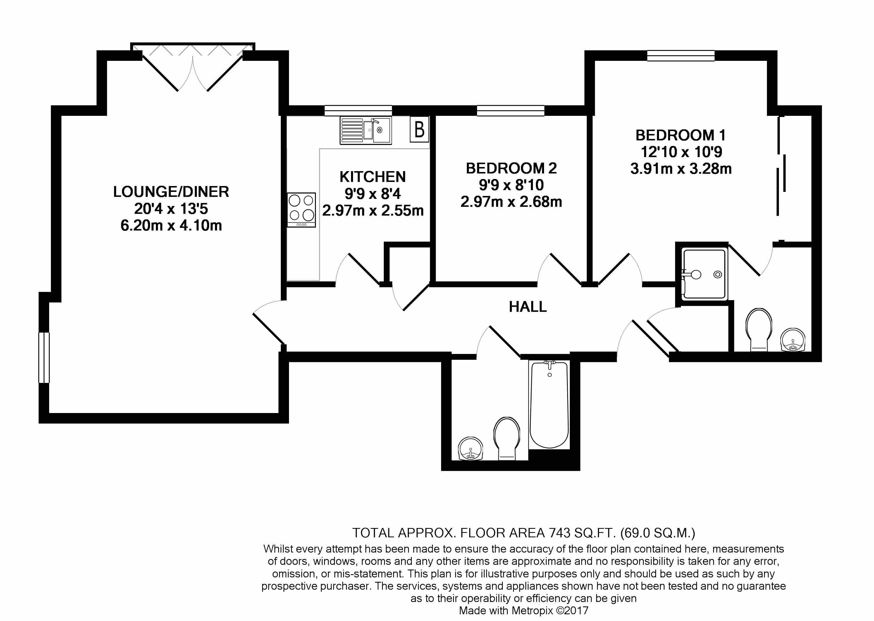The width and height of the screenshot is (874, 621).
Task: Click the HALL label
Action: click(x=528, y=307)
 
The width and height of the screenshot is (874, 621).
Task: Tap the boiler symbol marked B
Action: click(x=419, y=129)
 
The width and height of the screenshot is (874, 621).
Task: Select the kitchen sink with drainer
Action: click(x=366, y=130)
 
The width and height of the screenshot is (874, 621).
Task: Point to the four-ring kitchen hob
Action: click(x=302, y=210)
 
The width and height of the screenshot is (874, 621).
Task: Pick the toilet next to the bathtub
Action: click(x=507, y=438)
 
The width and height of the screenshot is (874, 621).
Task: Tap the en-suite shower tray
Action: click(x=704, y=274)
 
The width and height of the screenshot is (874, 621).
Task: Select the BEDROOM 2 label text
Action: click(x=511, y=168)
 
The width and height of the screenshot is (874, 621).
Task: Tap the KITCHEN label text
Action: click(x=372, y=177)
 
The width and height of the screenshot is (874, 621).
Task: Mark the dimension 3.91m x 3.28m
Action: click(x=681, y=169)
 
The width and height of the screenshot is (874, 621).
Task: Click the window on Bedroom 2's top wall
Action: click(x=510, y=111)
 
